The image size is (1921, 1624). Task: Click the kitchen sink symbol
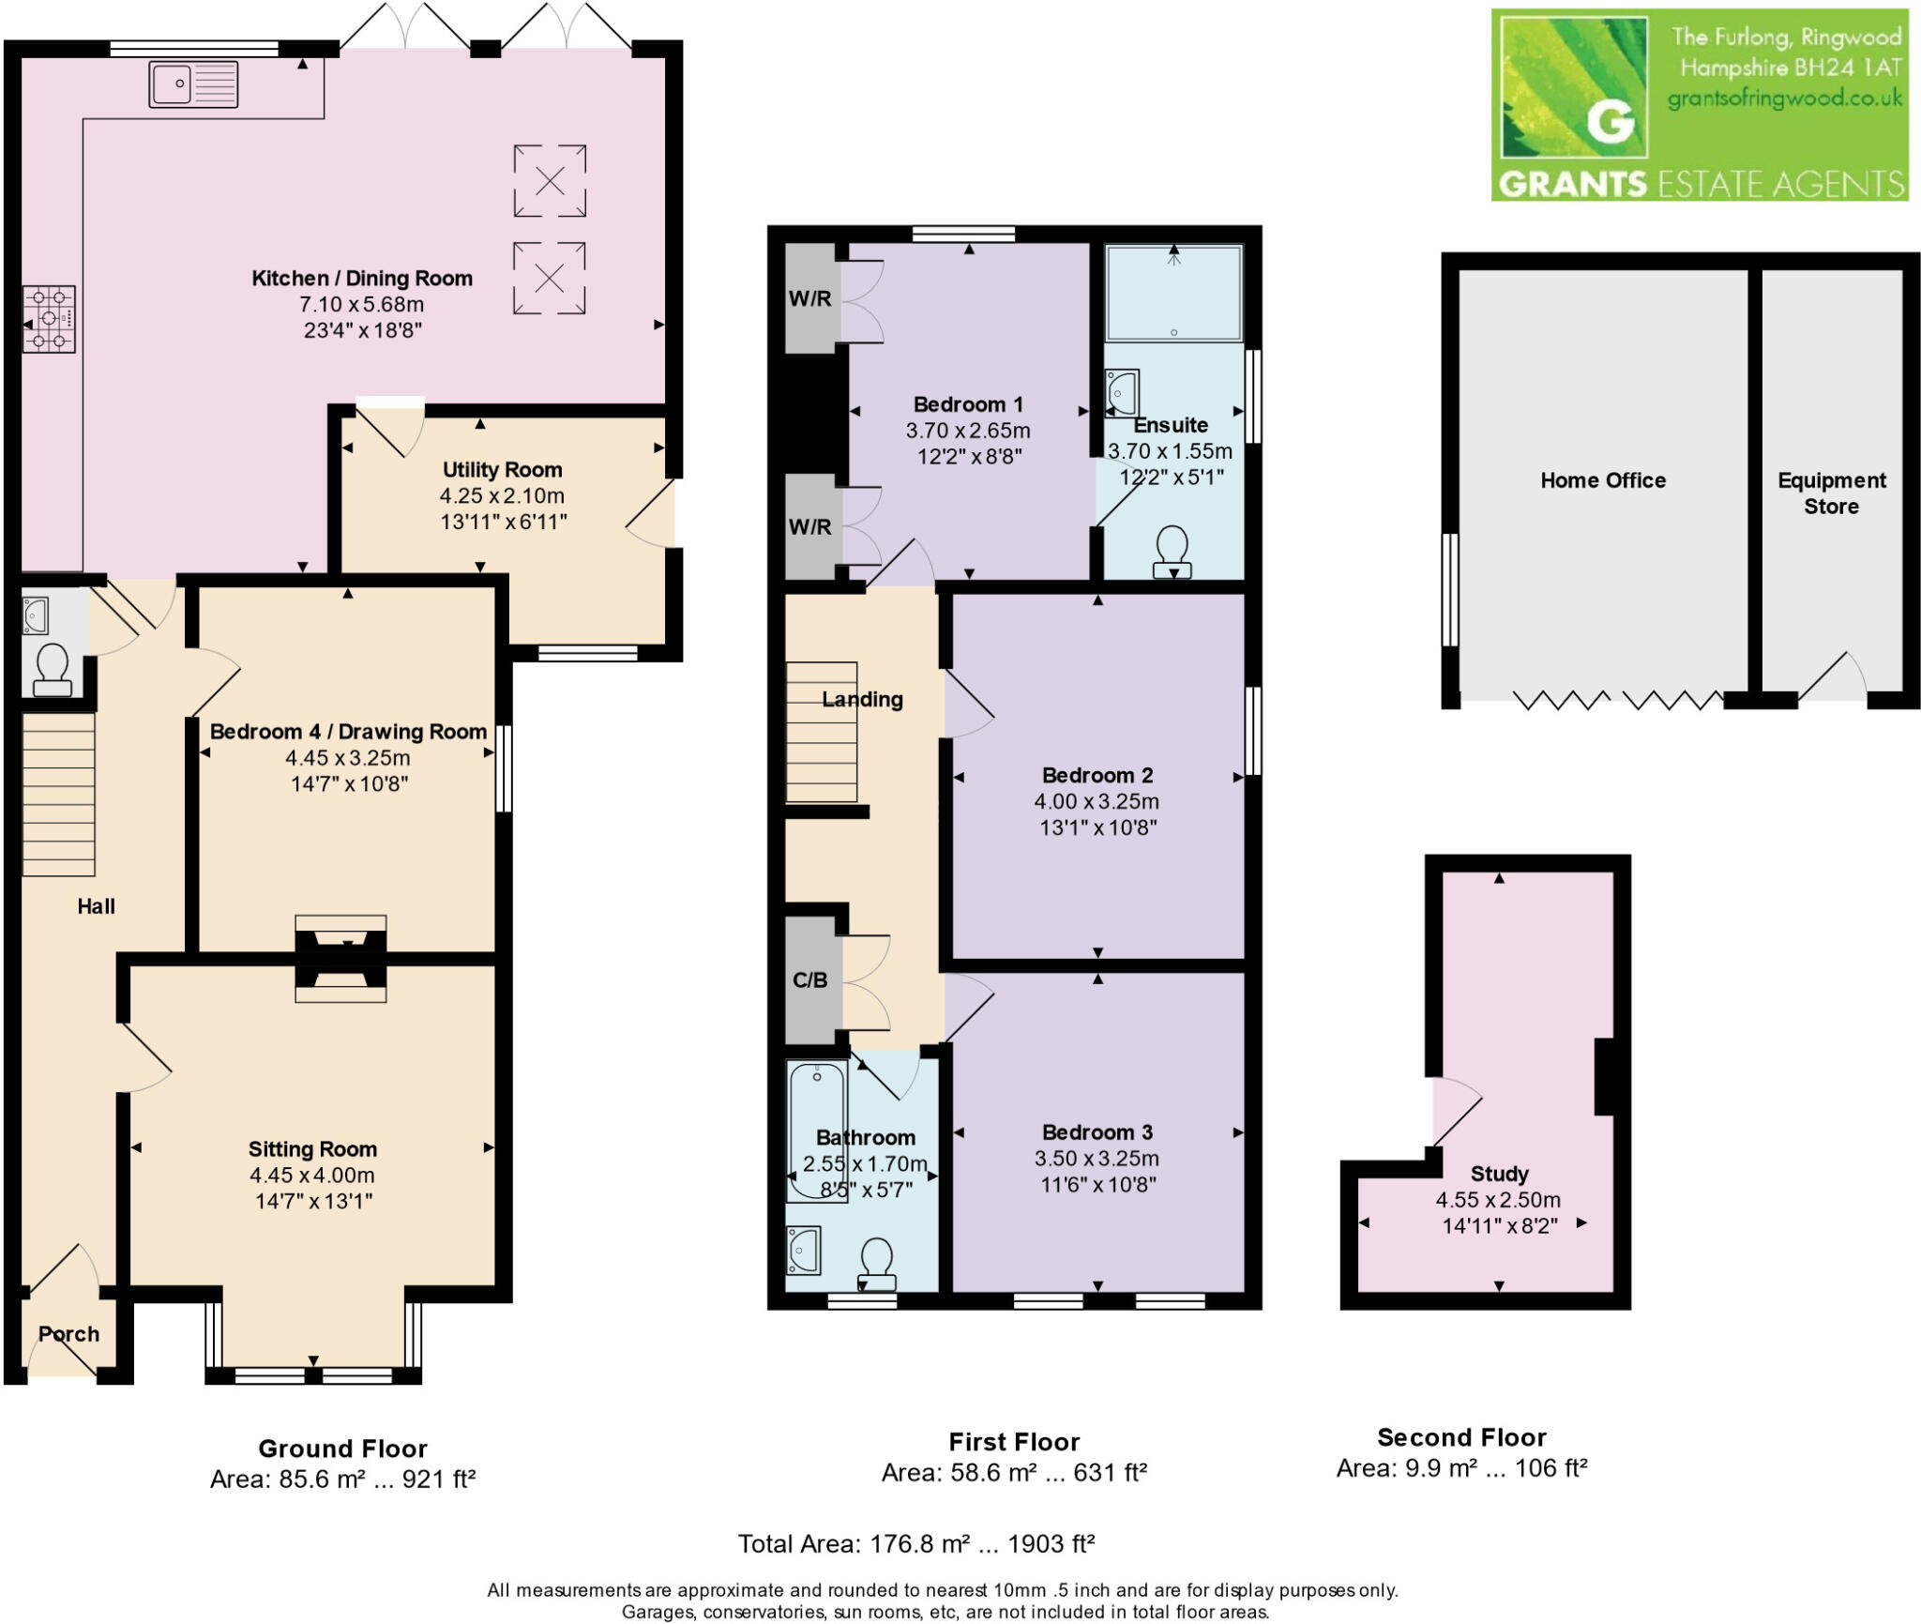[x=193, y=84]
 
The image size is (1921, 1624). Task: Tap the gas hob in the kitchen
[x=49, y=319]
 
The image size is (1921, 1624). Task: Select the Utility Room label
[x=502, y=469]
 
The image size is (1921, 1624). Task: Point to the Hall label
[x=96, y=906]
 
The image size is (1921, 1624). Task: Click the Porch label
[x=68, y=1333]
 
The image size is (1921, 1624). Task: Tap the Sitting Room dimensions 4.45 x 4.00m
[x=311, y=1175]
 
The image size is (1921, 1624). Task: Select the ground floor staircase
[x=58, y=794]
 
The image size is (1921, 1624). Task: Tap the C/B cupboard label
[x=809, y=980]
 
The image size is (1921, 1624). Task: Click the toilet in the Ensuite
[x=1172, y=552]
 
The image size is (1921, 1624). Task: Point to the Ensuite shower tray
[x=1173, y=293]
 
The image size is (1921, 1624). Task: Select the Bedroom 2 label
[x=1097, y=775]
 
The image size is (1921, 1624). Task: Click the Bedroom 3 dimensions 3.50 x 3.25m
[x=1097, y=1158]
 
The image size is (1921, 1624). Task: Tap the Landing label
[x=862, y=699]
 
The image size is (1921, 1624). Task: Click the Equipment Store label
[x=1831, y=493]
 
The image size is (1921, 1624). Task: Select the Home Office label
[x=1603, y=480]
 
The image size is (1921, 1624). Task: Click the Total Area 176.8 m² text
[x=915, y=1543]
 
